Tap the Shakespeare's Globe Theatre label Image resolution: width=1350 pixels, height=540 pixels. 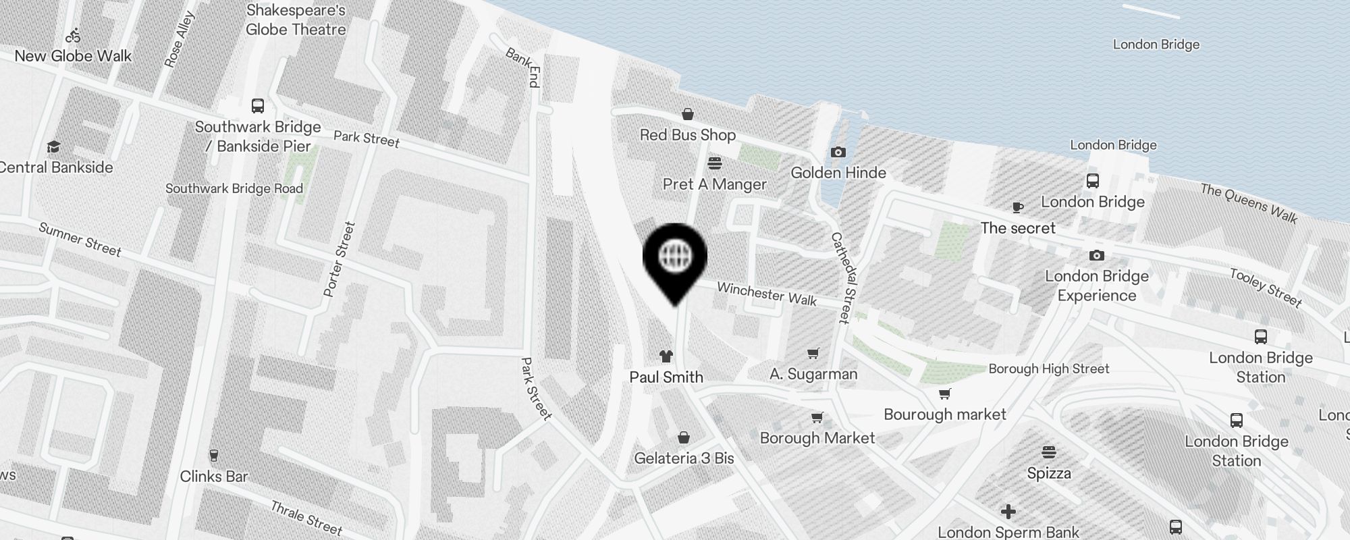tap(296, 20)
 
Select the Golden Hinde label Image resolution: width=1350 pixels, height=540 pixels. tap(838, 173)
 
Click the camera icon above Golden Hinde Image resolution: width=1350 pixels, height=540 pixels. tap(838, 153)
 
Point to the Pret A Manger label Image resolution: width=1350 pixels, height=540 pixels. tap(714, 184)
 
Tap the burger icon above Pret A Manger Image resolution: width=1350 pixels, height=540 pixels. tap(715, 163)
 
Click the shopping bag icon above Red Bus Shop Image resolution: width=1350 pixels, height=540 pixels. tap(687, 114)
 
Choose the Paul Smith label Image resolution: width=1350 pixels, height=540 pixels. tap(666, 377)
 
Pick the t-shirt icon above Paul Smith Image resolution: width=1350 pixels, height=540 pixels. tap(666, 356)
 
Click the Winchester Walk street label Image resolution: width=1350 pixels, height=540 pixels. tap(767, 294)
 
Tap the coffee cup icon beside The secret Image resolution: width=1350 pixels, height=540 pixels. tap(1018, 207)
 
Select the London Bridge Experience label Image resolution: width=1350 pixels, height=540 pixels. tap(1096, 286)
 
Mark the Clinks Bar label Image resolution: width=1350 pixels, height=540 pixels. tap(214, 477)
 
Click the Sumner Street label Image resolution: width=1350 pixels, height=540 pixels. tap(80, 240)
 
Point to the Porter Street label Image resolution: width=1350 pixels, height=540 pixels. tap(339, 259)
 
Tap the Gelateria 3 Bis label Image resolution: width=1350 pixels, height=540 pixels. tap(684, 458)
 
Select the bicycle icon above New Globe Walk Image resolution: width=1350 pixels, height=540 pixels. tap(73, 35)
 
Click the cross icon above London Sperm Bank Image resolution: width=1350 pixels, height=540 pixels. tap(1008, 512)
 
